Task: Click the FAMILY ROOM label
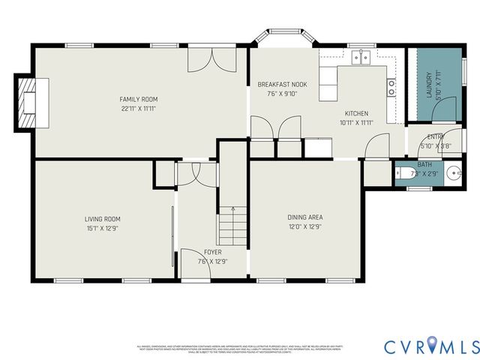pyautogui.click(x=139, y=99)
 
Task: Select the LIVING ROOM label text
pyautogui.click(x=102, y=219)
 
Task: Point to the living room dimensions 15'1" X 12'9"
pyautogui.click(x=102, y=228)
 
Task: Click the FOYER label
pyautogui.click(x=213, y=252)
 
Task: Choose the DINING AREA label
pyautogui.click(x=305, y=217)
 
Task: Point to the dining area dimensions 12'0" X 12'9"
pyautogui.click(x=305, y=226)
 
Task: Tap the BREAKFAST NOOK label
pyautogui.click(x=282, y=85)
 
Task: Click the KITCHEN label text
pyautogui.click(x=356, y=113)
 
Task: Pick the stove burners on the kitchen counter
pyautogui.click(x=391, y=87)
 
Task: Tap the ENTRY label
pyautogui.click(x=435, y=136)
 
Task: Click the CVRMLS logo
pyautogui.click(x=431, y=346)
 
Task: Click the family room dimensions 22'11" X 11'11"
pyautogui.click(x=139, y=108)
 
